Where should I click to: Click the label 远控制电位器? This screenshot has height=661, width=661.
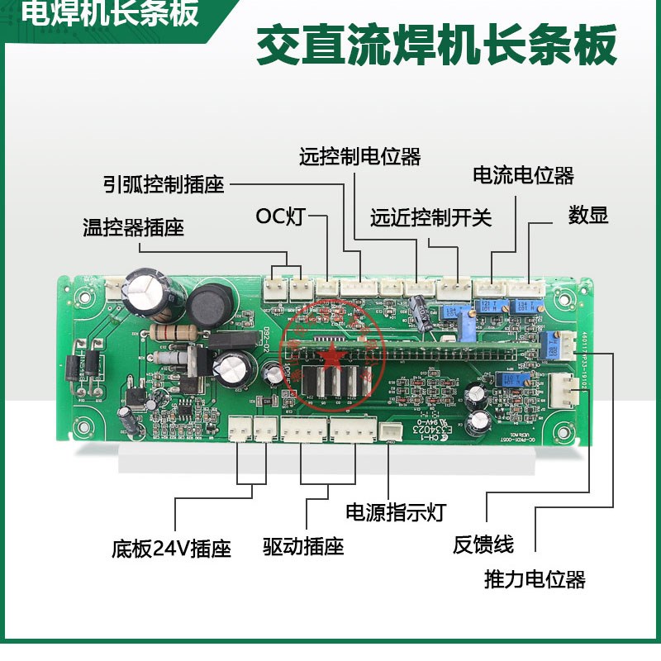click(359, 155)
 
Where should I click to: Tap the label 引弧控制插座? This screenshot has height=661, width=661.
click(164, 183)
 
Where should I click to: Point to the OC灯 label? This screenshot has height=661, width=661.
click(280, 217)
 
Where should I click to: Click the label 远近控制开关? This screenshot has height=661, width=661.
click(430, 217)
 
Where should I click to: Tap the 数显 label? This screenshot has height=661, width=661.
click(588, 216)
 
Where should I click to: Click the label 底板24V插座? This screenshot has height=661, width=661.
click(171, 549)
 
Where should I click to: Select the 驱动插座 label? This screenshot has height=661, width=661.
click(303, 546)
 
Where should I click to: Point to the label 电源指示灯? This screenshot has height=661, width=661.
click(395, 512)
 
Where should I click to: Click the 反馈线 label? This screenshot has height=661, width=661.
click(483, 545)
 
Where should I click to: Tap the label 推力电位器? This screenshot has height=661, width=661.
click(535, 579)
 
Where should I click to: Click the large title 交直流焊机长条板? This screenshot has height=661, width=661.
click(437, 46)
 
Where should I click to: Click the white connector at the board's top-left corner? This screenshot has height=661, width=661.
click(113, 285)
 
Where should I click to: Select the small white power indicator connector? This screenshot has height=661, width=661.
click(388, 431)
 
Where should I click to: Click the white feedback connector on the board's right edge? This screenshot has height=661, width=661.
click(561, 388)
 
